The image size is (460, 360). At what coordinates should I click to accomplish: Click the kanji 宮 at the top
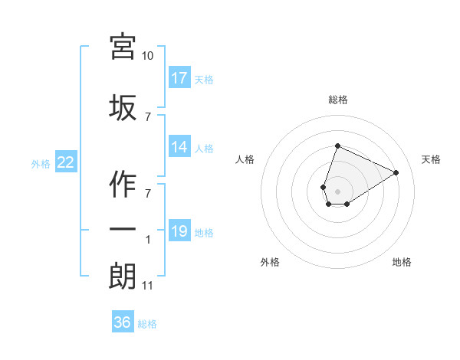point(123,47)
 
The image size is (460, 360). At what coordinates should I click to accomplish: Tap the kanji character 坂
point(123,107)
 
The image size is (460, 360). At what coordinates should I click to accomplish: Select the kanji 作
point(123,182)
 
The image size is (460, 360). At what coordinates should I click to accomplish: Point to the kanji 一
point(123,229)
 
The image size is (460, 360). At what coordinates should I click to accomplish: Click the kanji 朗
point(123,276)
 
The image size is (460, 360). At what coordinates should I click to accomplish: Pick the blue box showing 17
point(179,78)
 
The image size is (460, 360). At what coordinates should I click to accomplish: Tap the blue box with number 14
point(179,148)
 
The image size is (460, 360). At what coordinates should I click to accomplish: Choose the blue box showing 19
point(179,231)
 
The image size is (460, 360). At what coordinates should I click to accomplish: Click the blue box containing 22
point(66,162)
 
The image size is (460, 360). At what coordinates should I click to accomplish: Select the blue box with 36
point(123,322)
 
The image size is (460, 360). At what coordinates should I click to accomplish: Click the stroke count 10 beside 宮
point(148,56)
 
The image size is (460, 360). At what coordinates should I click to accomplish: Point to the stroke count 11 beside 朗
point(148,286)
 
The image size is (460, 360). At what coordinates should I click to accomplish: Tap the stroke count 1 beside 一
point(148,240)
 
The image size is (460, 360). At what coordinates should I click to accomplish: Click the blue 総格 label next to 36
point(147,324)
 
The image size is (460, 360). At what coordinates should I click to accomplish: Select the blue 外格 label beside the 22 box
point(41,163)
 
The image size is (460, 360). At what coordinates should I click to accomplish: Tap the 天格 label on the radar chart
point(431,159)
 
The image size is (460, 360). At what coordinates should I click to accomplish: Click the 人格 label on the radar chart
point(245,159)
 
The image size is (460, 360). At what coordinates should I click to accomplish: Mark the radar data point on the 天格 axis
point(396,172)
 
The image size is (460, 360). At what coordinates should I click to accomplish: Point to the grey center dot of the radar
point(337,191)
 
